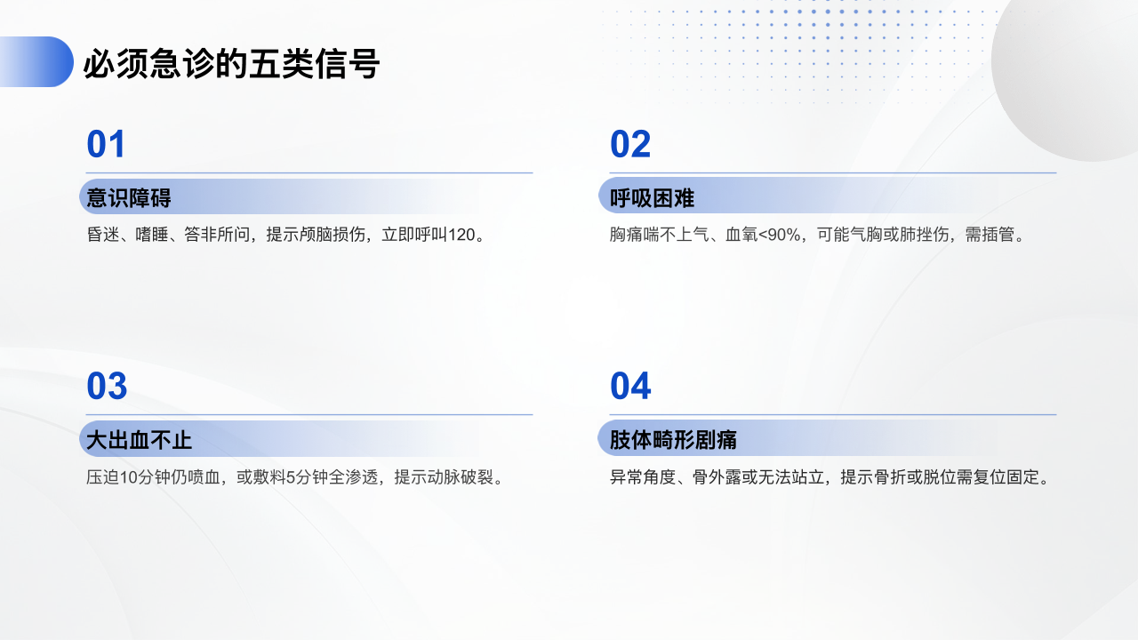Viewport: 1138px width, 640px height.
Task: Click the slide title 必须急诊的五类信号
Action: (232, 63)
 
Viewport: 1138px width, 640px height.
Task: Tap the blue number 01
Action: (106, 144)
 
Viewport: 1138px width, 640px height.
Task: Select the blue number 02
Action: (630, 144)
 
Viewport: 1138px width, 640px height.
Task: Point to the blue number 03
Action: (107, 386)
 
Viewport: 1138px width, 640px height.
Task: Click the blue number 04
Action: (630, 386)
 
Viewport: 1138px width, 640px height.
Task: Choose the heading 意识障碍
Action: (129, 197)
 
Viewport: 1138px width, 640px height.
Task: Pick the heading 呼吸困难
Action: (652, 197)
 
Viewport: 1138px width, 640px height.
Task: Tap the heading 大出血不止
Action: (139, 440)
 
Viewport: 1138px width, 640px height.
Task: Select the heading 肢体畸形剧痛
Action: (673, 440)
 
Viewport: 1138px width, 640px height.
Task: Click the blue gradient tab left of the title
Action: (36, 62)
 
